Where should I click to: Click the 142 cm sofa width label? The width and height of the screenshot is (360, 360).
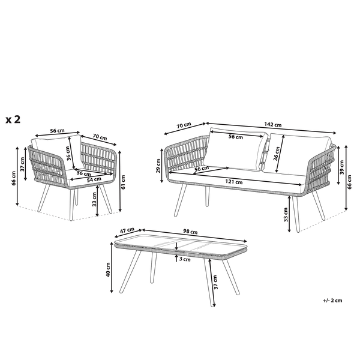point(273,124)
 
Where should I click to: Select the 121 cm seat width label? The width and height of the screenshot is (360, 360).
point(234,182)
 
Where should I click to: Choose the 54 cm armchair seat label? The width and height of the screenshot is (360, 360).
point(94,180)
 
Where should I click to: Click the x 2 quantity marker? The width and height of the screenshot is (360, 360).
point(13,119)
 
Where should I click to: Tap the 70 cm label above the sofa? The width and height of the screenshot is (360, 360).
point(184,125)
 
